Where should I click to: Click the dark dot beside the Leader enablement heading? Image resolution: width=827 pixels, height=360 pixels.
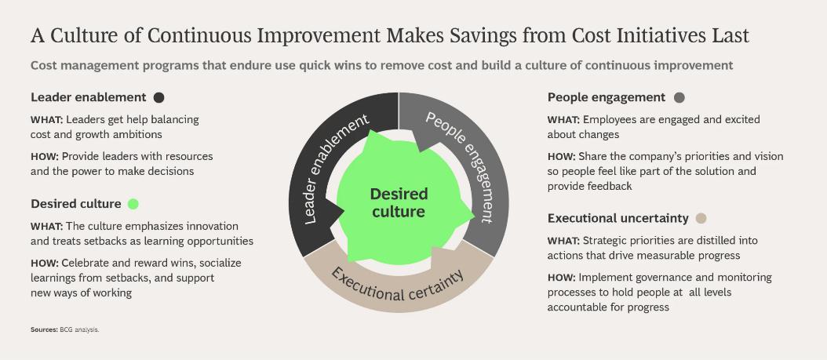[158, 97]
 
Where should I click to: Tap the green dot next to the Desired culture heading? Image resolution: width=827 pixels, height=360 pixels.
[133, 204]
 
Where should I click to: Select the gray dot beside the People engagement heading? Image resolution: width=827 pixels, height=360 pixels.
[679, 97]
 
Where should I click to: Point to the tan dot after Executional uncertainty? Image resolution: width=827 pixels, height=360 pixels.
[701, 218]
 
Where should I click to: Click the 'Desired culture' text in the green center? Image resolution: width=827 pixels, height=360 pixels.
[399, 203]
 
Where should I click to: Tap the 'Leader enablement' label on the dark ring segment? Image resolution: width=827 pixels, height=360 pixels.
[336, 169]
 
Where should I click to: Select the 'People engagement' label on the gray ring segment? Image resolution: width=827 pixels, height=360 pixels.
[462, 166]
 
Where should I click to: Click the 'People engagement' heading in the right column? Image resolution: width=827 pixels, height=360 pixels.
[607, 97]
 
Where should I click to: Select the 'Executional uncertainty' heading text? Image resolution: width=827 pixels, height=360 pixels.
[618, 218]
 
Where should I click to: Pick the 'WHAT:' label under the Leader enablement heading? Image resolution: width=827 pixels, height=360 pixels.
[47, 120]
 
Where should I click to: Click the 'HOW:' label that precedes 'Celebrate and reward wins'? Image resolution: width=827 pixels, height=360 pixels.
[44, 263]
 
